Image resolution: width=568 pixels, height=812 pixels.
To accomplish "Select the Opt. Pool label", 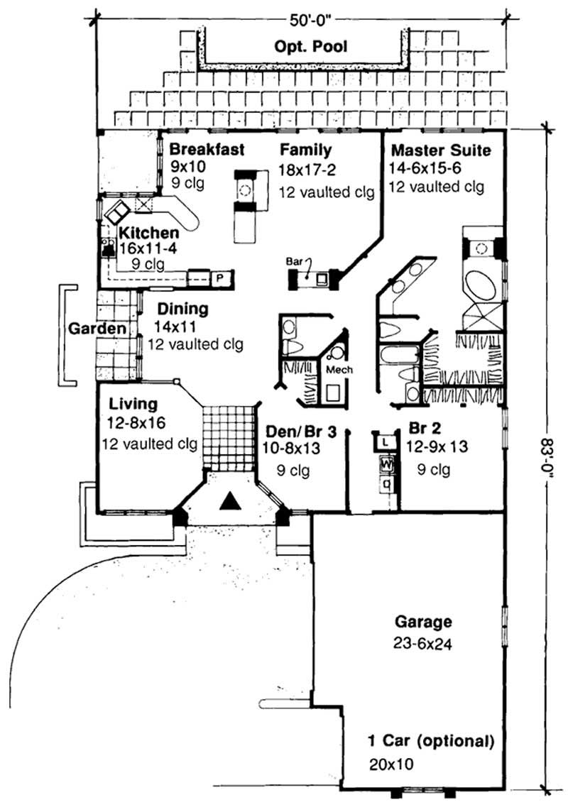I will pyautogui.click(x=310, y=48).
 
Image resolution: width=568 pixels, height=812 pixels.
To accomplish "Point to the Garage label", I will pyautogui.click(x=423, y=622).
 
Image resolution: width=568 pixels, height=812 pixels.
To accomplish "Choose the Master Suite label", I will pyautogui.click(x=440, y=150).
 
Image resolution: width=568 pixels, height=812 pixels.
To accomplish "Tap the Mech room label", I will pyautogui.click(x=339, y=370).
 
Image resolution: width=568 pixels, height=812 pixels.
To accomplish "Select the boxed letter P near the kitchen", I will pyautogui.click(x=219, y=278).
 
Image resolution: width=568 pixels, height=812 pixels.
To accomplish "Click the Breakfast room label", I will pyautogui.click(x=207, y=150).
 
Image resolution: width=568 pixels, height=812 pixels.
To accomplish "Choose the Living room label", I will pyautogui.click(x=133, y=404).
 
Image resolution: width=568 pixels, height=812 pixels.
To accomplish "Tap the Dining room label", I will pyautogui.click(x=182, y=309).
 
